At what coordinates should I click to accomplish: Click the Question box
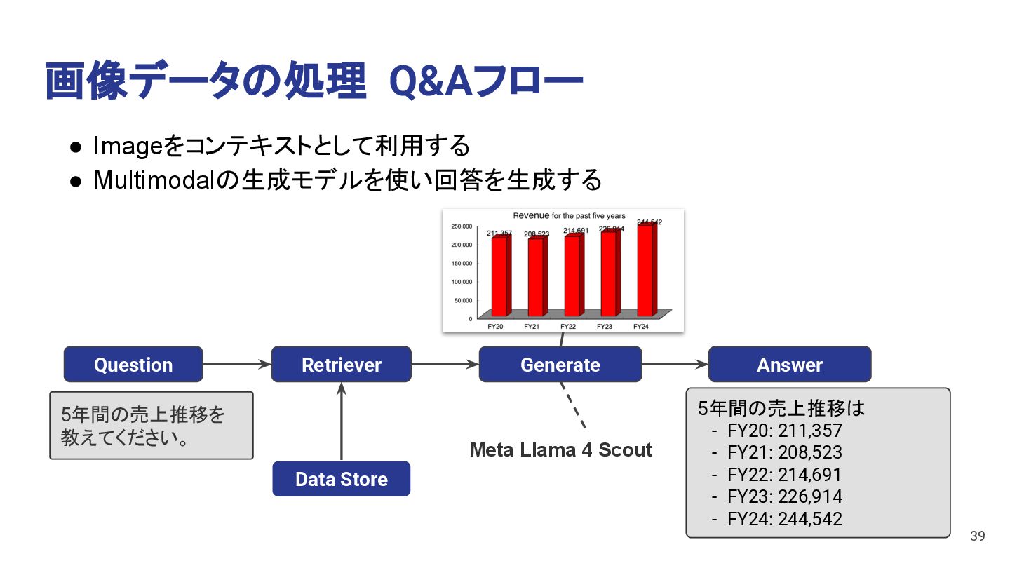133,365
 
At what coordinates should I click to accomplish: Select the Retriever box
341,365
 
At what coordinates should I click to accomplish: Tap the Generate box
560,365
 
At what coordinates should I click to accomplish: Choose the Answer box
789,365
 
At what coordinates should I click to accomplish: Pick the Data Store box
341,479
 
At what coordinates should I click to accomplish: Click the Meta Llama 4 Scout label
560,450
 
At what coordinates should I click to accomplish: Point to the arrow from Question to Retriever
237,364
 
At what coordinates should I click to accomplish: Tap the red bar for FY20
499,276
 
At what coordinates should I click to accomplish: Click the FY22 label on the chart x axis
568,327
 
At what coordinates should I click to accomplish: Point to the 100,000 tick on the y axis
460,282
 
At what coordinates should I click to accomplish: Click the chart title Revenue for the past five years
569,216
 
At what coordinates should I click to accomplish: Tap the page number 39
977,536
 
